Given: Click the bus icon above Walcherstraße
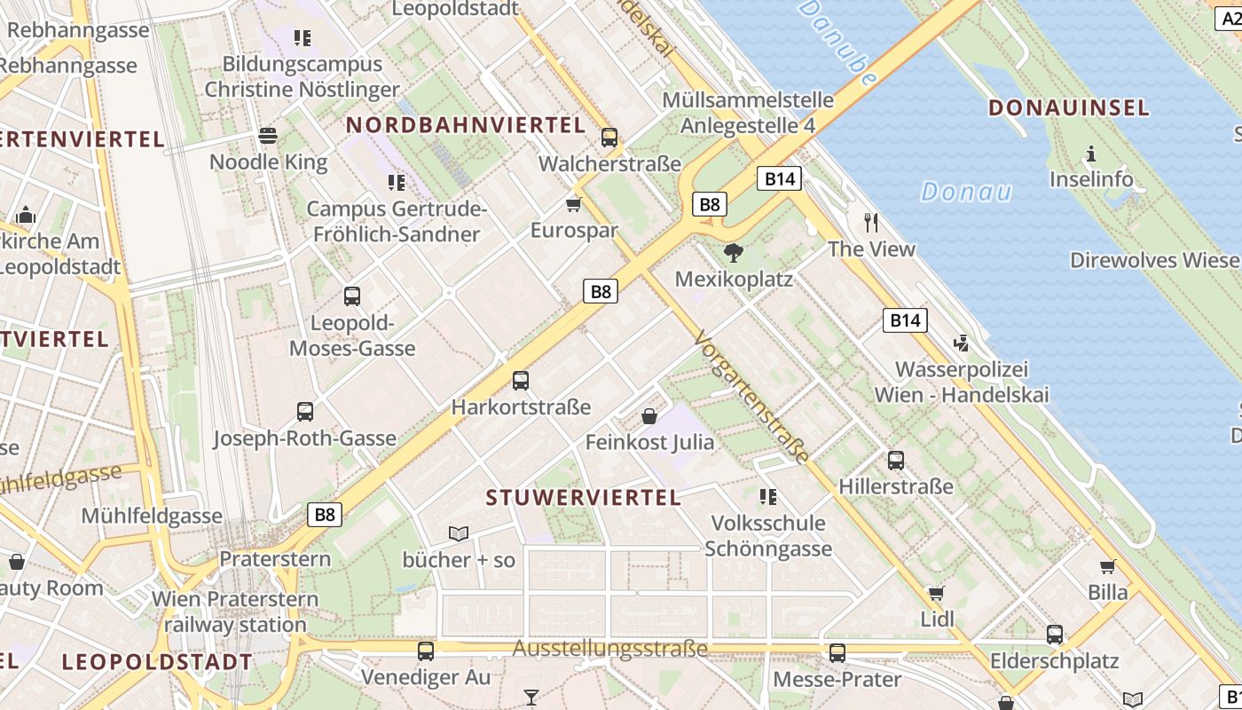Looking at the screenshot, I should click(609, 138).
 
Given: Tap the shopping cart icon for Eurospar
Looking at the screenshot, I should click(574, 205).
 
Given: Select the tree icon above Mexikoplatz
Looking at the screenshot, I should click(733, 254).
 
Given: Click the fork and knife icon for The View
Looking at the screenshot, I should click(871, 223).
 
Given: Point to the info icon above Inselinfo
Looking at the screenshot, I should click(1091, 154).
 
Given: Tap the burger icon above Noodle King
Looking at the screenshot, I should click(268, 136).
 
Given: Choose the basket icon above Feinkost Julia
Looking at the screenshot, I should click(649, 415).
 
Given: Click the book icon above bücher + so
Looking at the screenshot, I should click(459, 533).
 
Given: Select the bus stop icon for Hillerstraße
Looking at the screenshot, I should click(896, 460).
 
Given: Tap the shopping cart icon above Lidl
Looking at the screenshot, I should click(936, 593).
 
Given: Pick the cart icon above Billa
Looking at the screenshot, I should click(1108, 566).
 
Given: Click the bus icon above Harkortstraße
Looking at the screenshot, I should click(521, 381).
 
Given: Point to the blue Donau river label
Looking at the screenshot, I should click(966, 191).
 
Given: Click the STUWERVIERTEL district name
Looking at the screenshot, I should click(584, 497).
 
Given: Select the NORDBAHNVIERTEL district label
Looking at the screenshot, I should click(466, 125).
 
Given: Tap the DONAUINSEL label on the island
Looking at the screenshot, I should click(1068, 108).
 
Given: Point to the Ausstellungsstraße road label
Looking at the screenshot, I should click(610, 649).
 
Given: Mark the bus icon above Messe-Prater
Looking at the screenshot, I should click(837, 653).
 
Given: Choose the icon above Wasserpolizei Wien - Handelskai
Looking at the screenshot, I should click(960, 343).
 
